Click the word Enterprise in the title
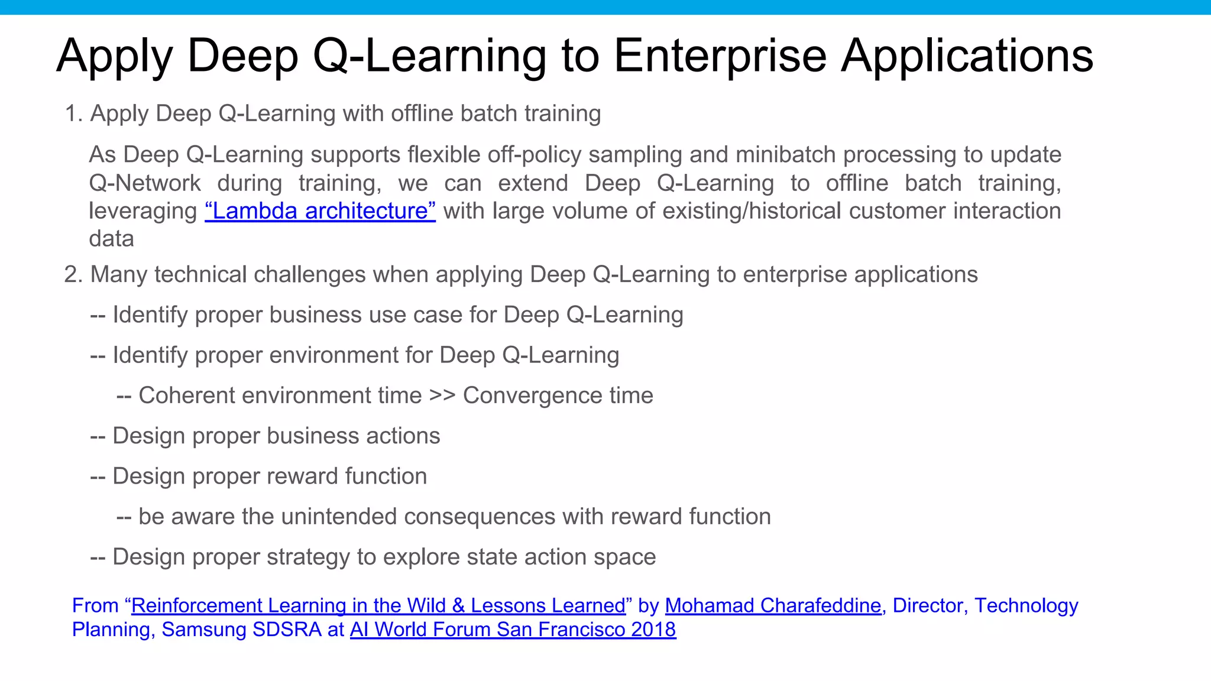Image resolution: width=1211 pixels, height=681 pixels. point(720,57)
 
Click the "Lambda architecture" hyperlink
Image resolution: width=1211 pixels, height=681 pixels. point(320,211)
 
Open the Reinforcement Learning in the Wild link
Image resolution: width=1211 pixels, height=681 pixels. point(378,606)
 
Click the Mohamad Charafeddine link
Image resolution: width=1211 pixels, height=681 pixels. point(773,606)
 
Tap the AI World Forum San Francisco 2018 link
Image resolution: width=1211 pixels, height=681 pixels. point(513,630)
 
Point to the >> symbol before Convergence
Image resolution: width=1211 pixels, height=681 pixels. point(442,395)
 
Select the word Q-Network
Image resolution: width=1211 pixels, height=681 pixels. point(145,183)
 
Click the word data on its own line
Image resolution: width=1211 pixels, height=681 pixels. point(111,239)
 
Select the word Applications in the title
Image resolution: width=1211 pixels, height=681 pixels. point(967,57)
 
